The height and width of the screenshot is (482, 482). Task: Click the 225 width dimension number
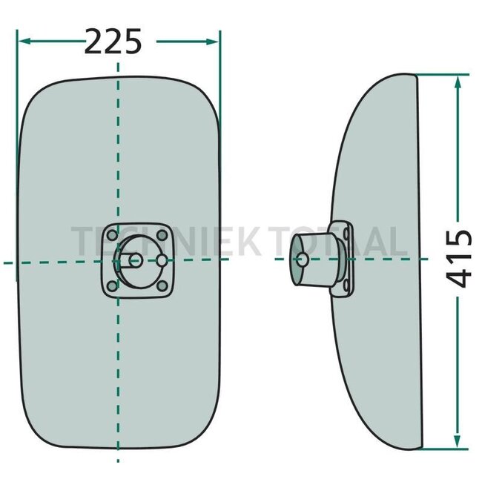click(113, 42)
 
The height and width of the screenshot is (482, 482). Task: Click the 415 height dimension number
click(458, 259)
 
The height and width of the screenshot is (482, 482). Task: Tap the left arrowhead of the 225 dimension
click(24, 41)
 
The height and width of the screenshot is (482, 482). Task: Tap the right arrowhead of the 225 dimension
click(212, 42)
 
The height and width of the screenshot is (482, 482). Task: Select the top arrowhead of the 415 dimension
click(458, 82)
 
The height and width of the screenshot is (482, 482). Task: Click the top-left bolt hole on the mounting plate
click(112, 236)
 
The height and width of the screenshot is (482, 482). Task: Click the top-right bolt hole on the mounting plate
click(162, 236)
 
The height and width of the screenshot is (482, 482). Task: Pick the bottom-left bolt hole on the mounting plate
click(112, 286)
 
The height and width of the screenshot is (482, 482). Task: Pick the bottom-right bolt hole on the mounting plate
click(162, 286)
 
